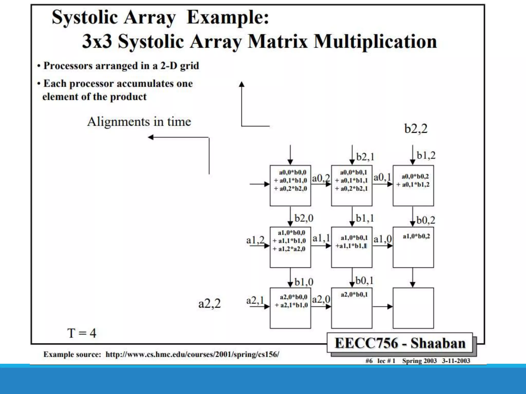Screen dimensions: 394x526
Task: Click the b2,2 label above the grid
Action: pos(416,129)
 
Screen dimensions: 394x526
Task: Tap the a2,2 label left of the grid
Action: pos(209,304)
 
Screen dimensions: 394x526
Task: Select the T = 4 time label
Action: pos(82,333)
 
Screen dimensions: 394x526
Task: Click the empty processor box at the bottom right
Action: pos(413,308)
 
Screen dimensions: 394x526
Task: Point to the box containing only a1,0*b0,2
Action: pos(413,247)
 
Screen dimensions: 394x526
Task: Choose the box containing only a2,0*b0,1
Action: pos(352,308)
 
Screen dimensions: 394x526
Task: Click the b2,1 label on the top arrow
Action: pos(365,157)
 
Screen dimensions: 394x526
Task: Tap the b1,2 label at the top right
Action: pos(426,155)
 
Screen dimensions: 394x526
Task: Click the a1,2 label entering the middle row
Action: pos(255,240)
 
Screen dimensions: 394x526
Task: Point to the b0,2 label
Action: pos(426,220)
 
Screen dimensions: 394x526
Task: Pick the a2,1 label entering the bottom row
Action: pos(255,300)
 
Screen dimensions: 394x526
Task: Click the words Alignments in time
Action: pos(139,122)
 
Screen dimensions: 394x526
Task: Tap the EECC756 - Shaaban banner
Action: pos(400,343)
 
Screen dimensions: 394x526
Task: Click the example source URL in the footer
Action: pos(192,354)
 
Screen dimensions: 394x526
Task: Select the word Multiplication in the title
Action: pos(375,42)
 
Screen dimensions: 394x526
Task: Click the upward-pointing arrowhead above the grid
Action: pos(241,84)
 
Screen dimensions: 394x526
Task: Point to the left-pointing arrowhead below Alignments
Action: pos(151,137)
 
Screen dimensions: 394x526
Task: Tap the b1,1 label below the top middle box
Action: pos(365,218)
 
